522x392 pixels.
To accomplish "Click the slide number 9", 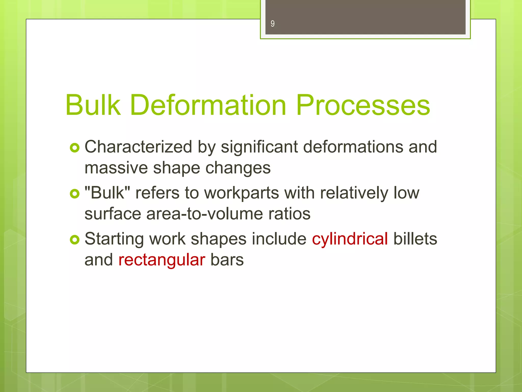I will [x=272, y=24].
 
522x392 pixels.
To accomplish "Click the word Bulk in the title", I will [x=93, y=105].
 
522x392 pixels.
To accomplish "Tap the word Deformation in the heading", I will [x=208, y=105].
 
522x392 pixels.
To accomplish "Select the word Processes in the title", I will [x=363, y=105].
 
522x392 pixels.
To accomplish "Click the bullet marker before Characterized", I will [x=74, y=148].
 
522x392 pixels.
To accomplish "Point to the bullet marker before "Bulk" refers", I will [x=74, y=194].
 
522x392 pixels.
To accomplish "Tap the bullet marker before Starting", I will [x=74, y=240].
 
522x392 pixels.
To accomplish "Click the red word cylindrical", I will [x=350, y=239].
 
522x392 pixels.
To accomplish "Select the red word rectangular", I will [x=162, y=260].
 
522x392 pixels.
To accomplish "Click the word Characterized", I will [x=138, y=147].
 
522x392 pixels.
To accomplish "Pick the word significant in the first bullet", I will [x=259, y=148].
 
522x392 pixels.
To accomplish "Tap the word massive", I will [x=116, y=168].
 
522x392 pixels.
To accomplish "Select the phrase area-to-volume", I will [x=204, y=214].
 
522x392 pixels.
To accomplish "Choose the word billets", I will [x=415, y=239].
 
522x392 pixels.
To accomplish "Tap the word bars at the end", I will [x=227, y=260].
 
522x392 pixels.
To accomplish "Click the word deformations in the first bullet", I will [x=353, y=147].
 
